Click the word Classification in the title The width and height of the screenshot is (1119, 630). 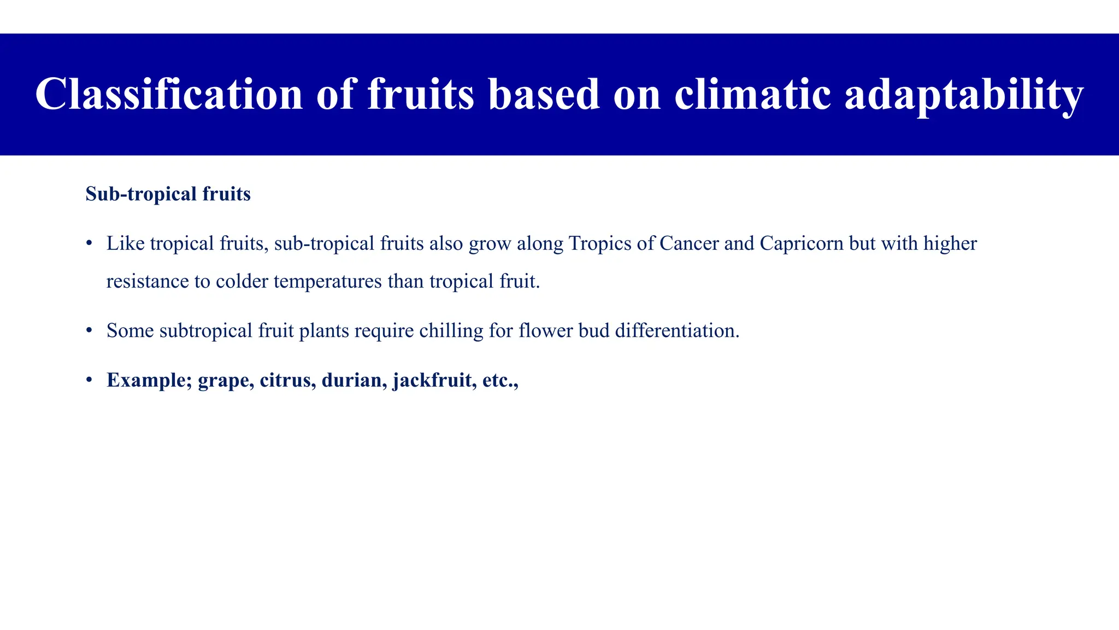coord(169,94)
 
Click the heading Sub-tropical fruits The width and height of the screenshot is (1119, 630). coord(168,194)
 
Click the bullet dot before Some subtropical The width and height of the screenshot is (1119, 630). coord(89,331)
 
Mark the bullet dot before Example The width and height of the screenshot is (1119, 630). coord(89,381)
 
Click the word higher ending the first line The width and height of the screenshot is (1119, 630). coord(950,243)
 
